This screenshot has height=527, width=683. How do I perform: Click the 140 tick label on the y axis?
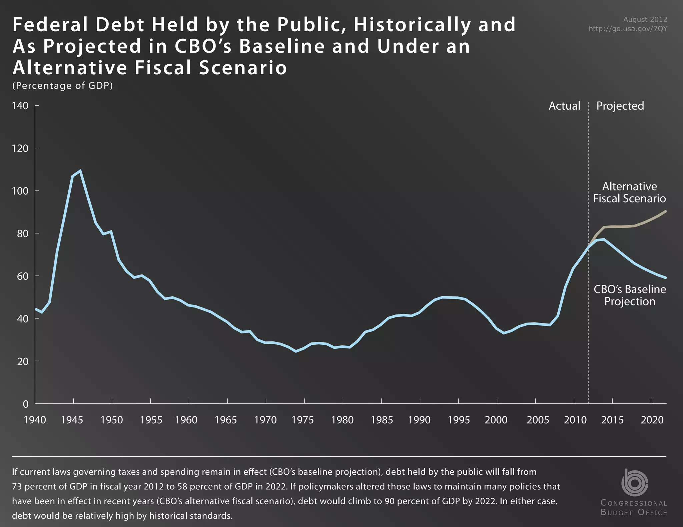[x=20, y=106]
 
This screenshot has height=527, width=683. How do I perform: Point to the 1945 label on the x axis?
[x=72, y=420]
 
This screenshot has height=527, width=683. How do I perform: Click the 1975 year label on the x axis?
[x=302, y=420]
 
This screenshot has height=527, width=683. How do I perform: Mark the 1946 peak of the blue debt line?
[x=80, y=171]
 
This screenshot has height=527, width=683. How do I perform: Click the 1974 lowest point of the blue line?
[x=295, y=351]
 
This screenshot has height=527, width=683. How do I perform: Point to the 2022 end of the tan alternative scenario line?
[x=666, y=211]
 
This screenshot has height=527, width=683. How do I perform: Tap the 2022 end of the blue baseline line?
[x=666, y=277]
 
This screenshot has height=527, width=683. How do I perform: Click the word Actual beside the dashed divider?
[x=564, y=106]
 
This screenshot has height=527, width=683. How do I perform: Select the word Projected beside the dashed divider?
[x=620, y=106]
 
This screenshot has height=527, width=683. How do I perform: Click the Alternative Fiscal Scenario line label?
[x=629, y=193]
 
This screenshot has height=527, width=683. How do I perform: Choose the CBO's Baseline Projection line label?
[x=630, y=295]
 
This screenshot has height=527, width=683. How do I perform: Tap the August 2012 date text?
[x=645, y=20]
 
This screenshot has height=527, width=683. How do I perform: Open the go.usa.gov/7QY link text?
[x=628, y=29]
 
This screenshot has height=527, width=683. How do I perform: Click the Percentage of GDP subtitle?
[x=62, y=86]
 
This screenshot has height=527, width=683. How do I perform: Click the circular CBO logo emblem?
[x=634, y=482]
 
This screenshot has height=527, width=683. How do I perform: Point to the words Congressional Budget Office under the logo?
[x=634, y=508]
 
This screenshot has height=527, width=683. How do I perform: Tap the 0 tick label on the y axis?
[x=26, y=404]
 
